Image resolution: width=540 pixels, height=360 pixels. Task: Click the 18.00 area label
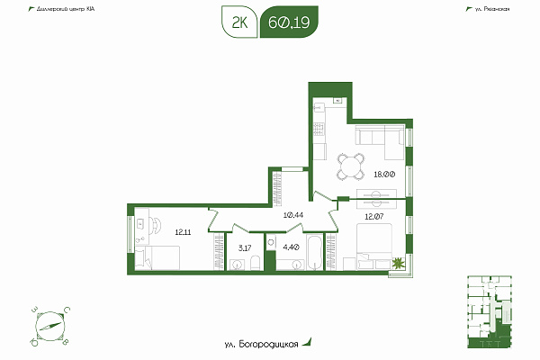(384, 175)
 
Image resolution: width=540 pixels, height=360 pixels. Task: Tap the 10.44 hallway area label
(293, 215)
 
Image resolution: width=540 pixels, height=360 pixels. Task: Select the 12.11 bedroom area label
(183, 232)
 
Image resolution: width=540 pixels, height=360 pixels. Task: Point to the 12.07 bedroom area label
(374, 217)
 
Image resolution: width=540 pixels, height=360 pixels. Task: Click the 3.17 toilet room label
(245, 247)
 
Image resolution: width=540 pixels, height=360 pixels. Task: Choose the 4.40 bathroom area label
(291, 247)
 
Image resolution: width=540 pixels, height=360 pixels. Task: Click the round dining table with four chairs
(351, 166)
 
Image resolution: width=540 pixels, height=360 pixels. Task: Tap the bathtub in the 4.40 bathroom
(315, 252)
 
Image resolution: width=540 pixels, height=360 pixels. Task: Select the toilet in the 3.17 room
(256, 263)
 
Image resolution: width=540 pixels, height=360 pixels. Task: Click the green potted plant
(399, 264)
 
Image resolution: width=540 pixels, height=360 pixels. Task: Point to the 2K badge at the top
(239, 22)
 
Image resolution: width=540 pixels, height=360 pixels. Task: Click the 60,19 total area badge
(289, 22)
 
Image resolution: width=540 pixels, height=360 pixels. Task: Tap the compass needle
(50, 326)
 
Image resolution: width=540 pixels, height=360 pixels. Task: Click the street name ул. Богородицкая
(261, 344)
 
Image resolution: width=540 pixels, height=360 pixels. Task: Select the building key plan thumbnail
(490, 311)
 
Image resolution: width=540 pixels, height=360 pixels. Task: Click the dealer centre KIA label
(66, 9)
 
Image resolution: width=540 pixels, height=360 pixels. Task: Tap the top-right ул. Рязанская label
(491, 9)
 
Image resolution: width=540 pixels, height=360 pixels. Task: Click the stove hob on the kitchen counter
(319, 129)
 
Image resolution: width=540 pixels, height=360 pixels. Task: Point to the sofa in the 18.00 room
(380, 142)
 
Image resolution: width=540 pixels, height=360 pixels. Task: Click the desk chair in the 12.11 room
(156, 225)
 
